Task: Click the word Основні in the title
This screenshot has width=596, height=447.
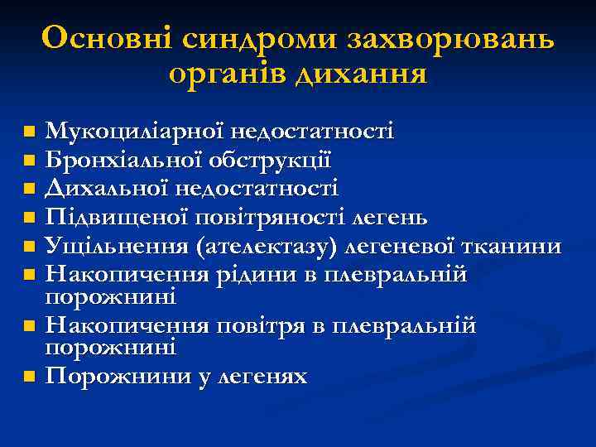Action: (103, 39)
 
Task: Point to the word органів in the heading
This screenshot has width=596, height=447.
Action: (223, 75)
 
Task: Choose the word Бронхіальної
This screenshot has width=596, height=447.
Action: (120, 161)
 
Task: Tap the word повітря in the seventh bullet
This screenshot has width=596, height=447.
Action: (274, 326)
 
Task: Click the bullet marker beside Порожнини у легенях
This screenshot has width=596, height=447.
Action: (30, 377)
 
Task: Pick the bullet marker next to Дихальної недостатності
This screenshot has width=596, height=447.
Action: (30, 190)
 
